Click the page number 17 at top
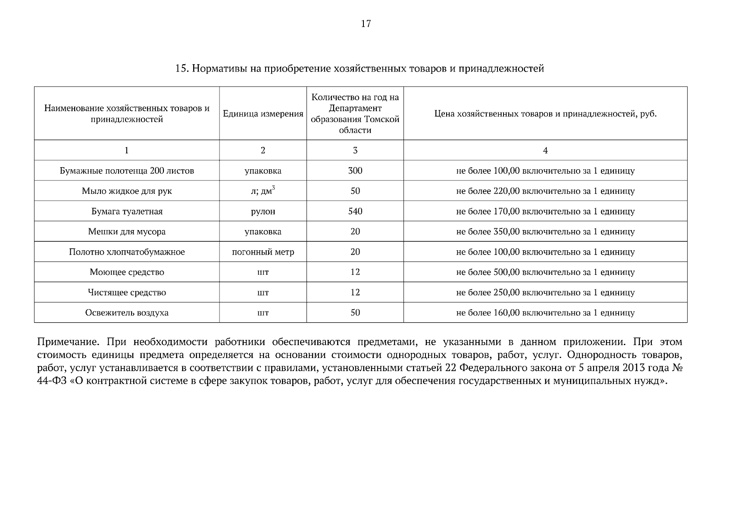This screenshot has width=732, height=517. [366, 24]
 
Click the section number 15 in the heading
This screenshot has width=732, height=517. [180, 69]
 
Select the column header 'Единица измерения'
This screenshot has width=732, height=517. [263, 114]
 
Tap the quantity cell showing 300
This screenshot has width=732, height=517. [355, 171]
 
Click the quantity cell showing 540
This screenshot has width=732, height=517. [355, 211]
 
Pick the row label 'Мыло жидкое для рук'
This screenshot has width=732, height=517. [127, 191]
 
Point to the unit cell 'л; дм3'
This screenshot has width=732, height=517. [263, 190]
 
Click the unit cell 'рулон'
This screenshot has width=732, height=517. [263, 212]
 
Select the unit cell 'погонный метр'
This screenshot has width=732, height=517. [263, 252]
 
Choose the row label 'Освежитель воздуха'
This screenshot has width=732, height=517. [127, 313]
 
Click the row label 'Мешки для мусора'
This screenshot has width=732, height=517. [127, 232]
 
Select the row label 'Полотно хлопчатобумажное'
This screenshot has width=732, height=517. [127, 252]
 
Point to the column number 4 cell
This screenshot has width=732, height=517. [545, 150]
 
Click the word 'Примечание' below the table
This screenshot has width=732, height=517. [66, 343]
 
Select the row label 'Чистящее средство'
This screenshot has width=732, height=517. [127, 293]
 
